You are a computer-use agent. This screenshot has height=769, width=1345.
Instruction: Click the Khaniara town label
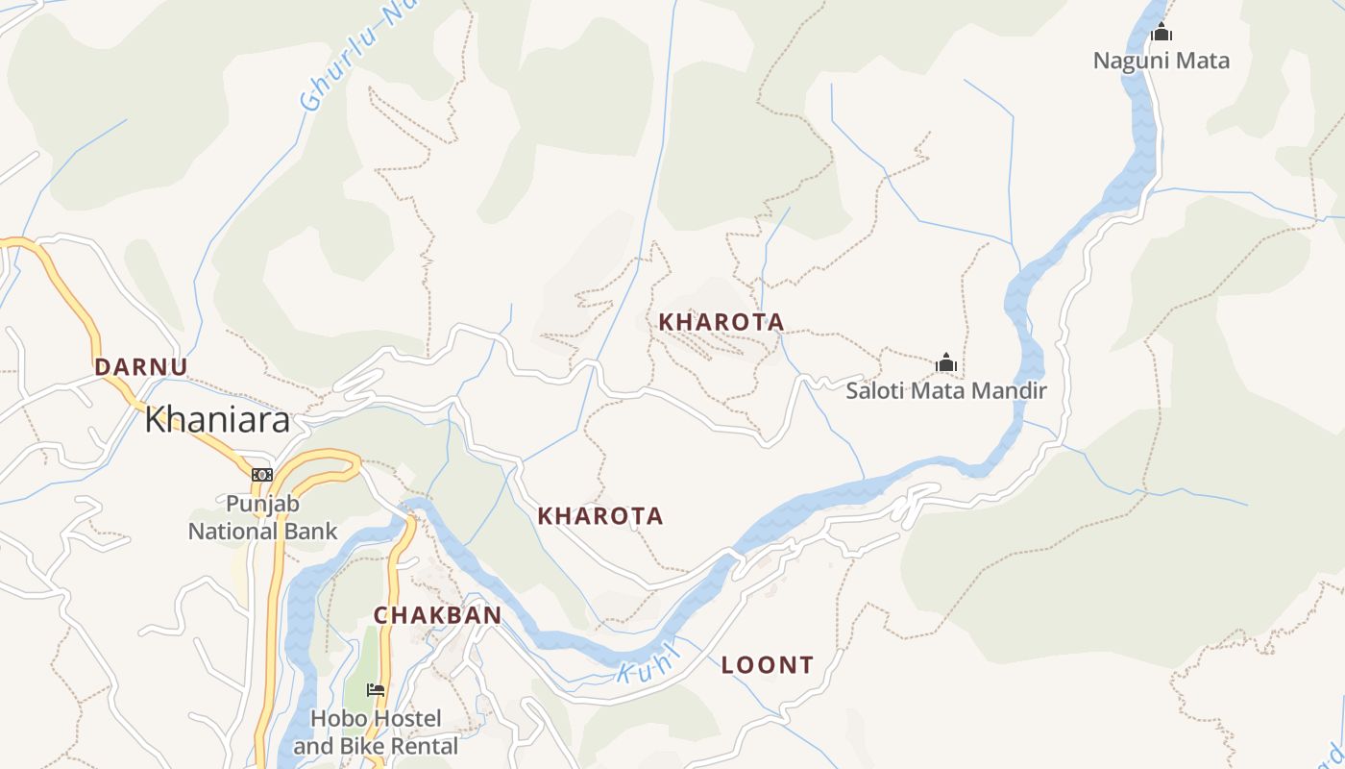(217, 420)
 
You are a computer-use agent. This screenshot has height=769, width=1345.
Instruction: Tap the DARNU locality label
(141, 366)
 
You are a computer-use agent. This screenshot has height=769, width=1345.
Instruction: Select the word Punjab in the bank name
(263, 504)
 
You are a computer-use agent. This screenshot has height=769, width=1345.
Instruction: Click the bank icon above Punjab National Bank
(262, 474)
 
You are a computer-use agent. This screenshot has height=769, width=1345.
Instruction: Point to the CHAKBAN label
(437, 615)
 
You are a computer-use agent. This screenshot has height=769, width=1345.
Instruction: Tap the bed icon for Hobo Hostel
(376, 690)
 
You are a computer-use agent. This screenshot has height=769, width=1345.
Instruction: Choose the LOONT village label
(768, 664)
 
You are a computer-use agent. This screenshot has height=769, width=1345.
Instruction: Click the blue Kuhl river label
(649, 663)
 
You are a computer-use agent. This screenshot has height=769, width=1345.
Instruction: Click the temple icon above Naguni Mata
(1162, 33)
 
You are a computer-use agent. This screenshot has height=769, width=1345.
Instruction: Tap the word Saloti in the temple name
(876, 391)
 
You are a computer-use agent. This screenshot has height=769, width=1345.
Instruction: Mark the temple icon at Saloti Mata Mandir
(946, 363)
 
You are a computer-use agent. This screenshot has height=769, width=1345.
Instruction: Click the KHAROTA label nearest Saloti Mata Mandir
(721, 322)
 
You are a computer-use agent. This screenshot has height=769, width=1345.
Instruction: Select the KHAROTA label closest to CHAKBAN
(600, 516)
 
